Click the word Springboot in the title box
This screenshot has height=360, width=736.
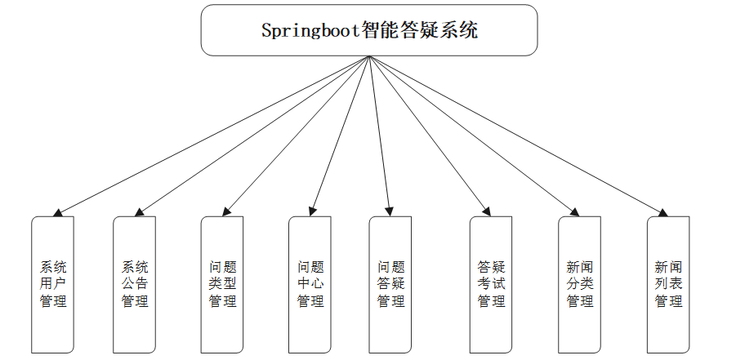[x=311, y=32]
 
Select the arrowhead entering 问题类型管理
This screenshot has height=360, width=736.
[x=228, y=212]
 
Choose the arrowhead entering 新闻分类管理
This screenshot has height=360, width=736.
[x=575, y=212]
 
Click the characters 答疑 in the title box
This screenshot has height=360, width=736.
[x=420, y=32]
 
